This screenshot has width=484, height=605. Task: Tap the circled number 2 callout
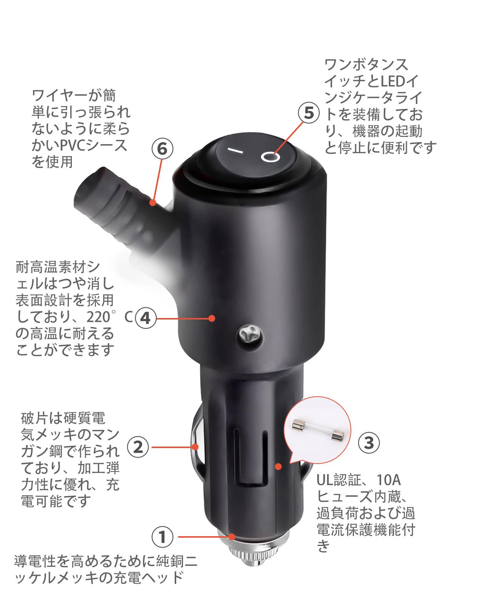coord(138,447)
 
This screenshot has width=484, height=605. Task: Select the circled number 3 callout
coord(369,443)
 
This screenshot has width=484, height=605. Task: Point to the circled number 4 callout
coord(146,318)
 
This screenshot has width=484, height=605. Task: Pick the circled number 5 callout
coord(309,113)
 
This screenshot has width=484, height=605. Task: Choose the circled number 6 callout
coord(162,149)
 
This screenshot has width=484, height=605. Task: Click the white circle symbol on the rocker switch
coord(270,157)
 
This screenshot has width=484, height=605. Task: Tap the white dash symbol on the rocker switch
coord(235,151)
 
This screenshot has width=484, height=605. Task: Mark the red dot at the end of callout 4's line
coord(212,318)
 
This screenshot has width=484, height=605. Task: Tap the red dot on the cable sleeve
coord(153,202)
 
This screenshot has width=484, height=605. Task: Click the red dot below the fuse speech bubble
coord(278,467)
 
